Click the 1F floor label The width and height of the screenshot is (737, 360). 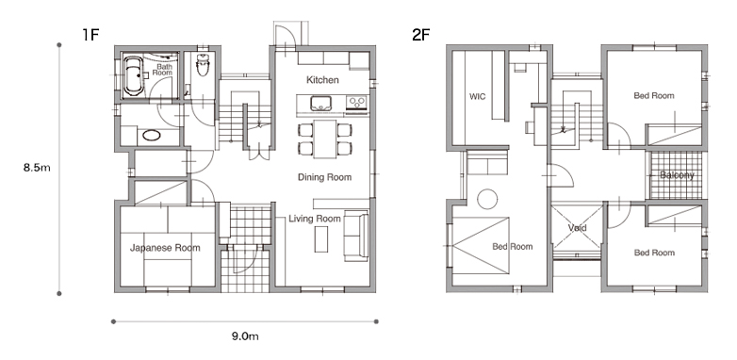90,34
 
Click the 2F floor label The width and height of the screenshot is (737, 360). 421,34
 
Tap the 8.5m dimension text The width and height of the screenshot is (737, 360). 37,168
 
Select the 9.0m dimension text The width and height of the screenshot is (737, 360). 245,336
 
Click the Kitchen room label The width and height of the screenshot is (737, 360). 322,80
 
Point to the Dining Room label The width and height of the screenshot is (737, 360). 325,177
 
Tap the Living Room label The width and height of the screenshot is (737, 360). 315,219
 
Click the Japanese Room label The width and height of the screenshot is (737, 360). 165,248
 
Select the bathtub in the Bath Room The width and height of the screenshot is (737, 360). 133,76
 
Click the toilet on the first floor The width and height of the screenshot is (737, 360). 203,65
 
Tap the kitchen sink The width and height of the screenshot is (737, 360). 320,103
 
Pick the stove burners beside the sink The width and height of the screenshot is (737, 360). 357,102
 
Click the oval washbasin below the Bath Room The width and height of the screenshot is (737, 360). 152,136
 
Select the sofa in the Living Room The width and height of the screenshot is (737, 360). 356,236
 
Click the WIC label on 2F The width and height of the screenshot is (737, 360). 478,97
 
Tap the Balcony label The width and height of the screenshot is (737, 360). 677,175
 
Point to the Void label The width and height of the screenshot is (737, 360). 577,228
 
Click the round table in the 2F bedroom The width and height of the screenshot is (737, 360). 487,199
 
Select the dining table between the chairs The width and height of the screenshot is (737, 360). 325,139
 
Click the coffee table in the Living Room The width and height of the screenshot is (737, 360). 321,239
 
